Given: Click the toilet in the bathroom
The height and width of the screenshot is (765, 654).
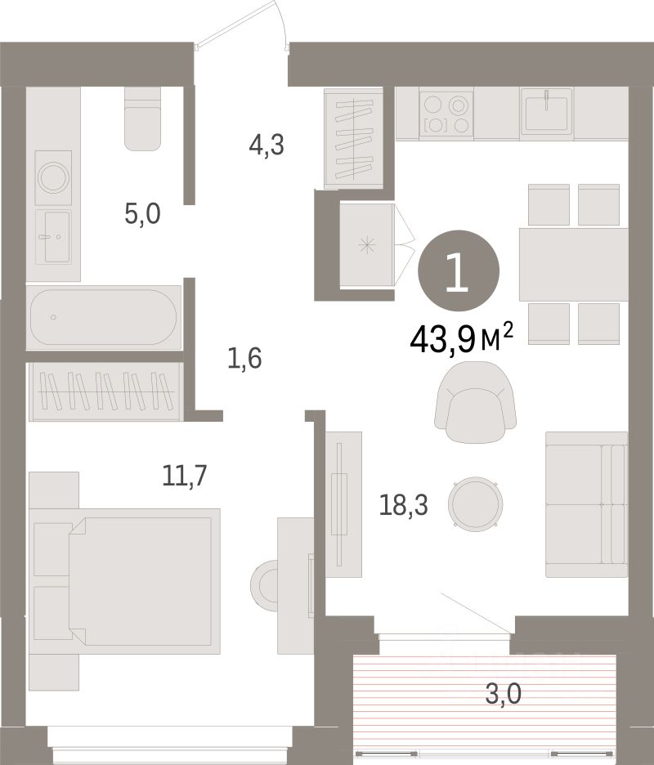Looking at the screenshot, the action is [142, 119].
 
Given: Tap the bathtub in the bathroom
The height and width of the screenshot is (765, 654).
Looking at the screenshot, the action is [104, 318].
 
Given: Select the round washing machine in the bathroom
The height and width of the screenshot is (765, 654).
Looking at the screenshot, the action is [53, 177].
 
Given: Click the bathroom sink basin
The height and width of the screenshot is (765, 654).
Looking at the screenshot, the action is [53, 237].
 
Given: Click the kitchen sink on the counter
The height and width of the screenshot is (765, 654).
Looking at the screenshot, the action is [547, 111].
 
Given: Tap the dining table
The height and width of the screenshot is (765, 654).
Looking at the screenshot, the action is [573, 264].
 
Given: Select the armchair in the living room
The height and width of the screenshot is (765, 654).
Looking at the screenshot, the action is [475, 402].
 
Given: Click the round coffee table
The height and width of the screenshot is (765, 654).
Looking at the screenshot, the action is [476, 504].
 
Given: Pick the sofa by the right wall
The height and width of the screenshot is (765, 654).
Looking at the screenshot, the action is [587, 504].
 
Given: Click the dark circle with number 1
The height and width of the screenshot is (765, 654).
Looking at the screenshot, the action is [459, 271].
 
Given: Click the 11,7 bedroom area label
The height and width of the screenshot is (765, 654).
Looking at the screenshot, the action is [185, 476].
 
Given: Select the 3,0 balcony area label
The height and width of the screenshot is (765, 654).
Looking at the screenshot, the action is [504, 694].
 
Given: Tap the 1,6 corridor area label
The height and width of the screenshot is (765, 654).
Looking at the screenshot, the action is [244, 359].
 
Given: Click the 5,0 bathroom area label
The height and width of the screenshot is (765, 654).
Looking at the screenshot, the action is [142, 214].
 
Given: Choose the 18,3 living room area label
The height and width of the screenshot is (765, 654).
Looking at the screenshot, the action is [404, 506].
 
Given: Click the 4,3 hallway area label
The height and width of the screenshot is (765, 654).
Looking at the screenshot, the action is [266, 145].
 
